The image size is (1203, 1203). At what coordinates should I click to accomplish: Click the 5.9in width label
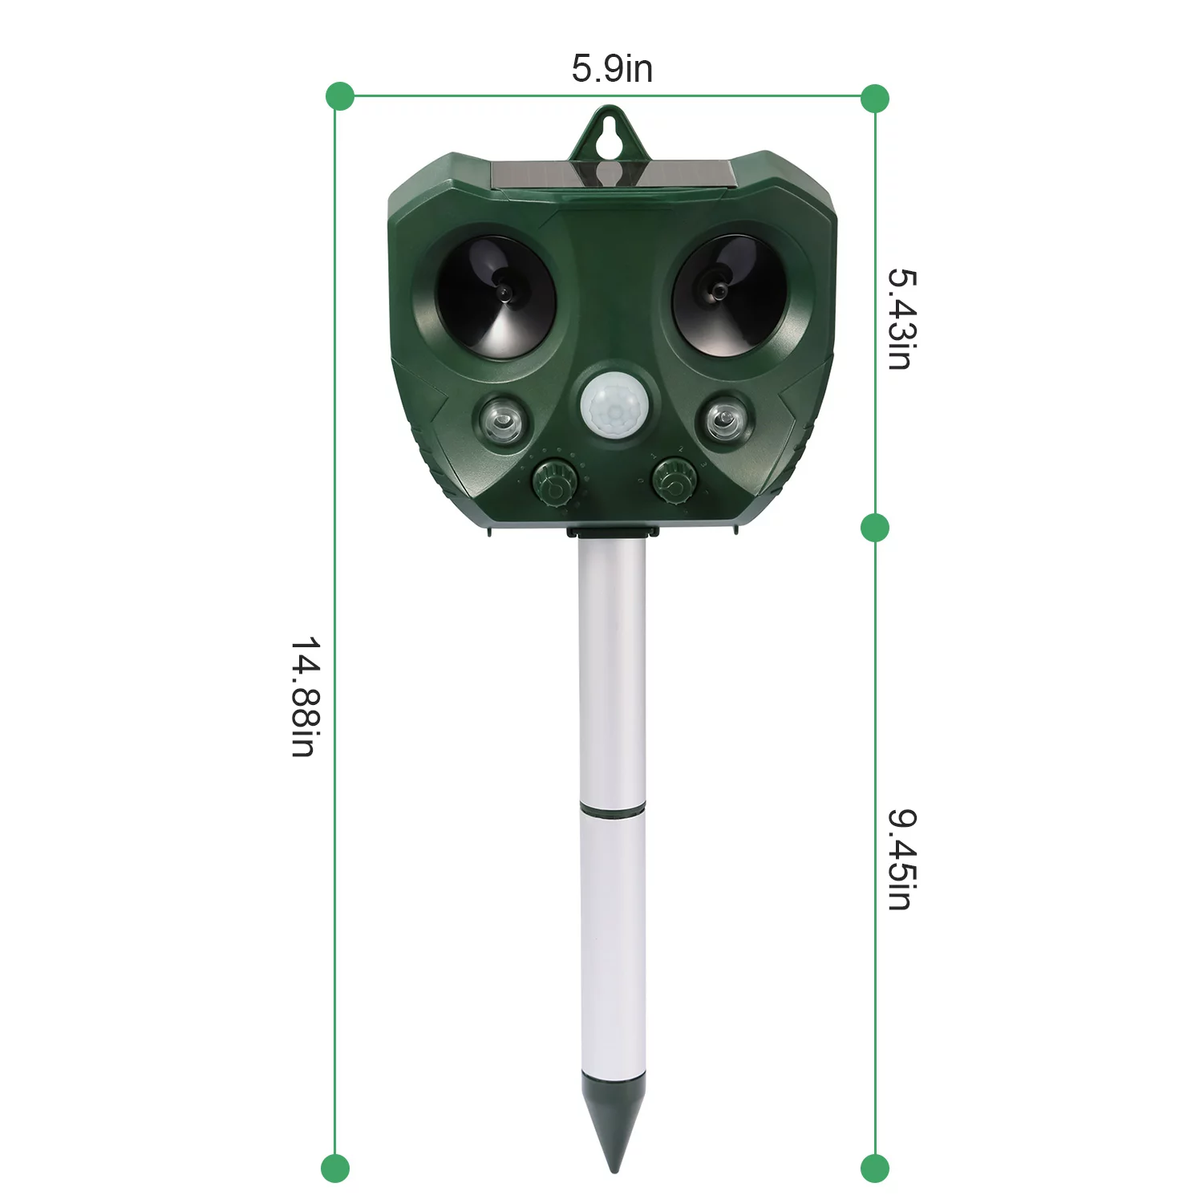(x=612, y=68)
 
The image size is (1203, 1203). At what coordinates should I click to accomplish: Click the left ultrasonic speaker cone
(x=495, y=296)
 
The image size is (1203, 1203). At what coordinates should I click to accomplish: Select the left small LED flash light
(x=503, y=419)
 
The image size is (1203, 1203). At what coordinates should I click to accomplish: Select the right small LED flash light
(x=724, y=419)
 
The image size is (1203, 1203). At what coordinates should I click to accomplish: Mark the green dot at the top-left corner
(x=340, y=96)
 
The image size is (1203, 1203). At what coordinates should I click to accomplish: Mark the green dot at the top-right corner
(x=875, y=99)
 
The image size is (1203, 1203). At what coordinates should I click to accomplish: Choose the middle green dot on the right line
(x=875, y=528)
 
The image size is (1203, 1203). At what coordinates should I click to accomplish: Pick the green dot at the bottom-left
(x=335, y=1168)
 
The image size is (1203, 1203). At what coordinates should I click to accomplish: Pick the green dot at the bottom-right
(x=875, y=1168)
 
